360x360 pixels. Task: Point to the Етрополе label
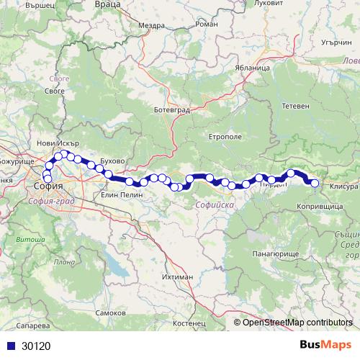[x=223, y=136]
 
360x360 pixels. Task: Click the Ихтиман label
[x=177, y=276]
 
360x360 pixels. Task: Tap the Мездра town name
[x=152, y=25]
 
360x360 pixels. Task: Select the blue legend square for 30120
[x=10, y=346]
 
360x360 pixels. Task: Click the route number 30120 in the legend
[x=36, y=346]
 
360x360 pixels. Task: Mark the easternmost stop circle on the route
[x=315, y=183]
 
